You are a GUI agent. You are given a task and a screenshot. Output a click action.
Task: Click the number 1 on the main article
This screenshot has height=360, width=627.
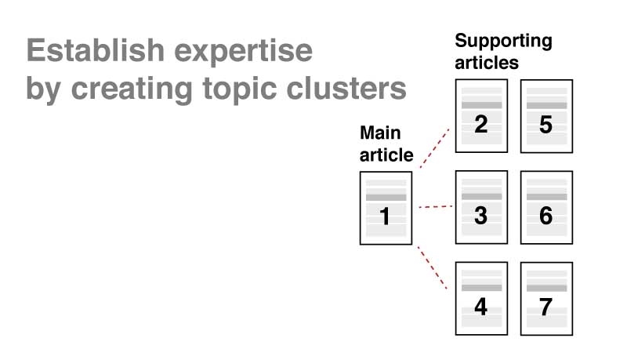tap(385, 216)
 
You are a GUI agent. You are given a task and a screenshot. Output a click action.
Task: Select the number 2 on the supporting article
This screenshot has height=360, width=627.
tap(481, 124)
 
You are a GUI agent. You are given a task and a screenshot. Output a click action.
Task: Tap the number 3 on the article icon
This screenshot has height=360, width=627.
tap(481, 215)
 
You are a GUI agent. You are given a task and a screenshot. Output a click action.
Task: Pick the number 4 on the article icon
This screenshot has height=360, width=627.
tap(481, 307)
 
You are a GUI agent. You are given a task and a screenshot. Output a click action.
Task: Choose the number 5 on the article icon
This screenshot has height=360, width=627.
tap(546, 124)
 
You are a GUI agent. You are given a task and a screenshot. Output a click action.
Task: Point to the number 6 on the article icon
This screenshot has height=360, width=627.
tap(546, 215)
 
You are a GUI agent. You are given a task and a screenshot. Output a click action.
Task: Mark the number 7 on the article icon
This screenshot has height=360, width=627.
tap(546, 307)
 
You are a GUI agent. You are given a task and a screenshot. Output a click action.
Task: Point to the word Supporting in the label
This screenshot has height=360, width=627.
tap(503, 41)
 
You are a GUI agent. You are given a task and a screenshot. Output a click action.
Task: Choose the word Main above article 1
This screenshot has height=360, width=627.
tap(380, 133)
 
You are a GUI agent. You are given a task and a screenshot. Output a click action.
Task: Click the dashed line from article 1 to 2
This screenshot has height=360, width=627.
tap(435, 147)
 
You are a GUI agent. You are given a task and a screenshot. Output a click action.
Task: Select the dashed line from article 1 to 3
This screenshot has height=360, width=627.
tap(435, 207)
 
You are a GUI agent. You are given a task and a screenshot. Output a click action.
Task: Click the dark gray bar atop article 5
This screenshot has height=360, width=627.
tap(546, 105)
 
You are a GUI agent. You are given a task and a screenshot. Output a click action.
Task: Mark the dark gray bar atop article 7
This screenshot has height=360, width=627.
tap(546, 288)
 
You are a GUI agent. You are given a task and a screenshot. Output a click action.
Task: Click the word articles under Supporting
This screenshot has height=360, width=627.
tap(487, 63)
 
